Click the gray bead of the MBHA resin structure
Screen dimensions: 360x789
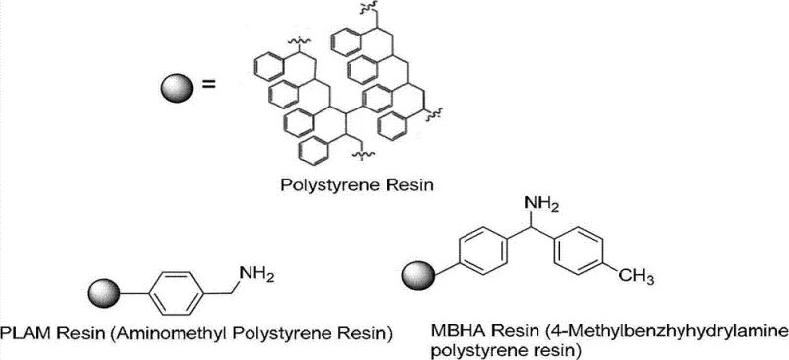pos(413,268)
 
